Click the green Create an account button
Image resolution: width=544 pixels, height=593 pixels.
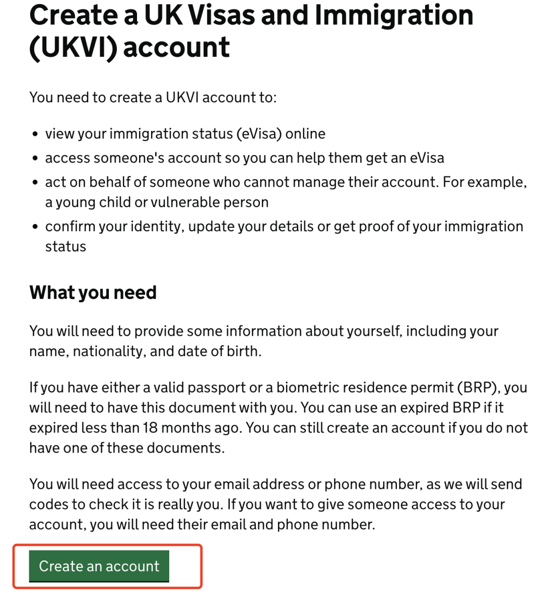99,566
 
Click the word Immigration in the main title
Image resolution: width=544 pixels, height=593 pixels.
394,15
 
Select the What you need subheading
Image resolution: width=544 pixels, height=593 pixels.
93,292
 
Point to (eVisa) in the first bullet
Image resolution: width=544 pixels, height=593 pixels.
258,134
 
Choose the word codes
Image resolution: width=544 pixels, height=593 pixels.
49,504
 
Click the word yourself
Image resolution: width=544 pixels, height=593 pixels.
368,331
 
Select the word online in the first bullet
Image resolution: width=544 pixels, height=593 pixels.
305,134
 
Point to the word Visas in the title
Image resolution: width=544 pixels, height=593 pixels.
201,15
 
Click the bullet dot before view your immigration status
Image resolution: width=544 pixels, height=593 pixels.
35,134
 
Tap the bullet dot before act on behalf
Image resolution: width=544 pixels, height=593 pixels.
35,183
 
